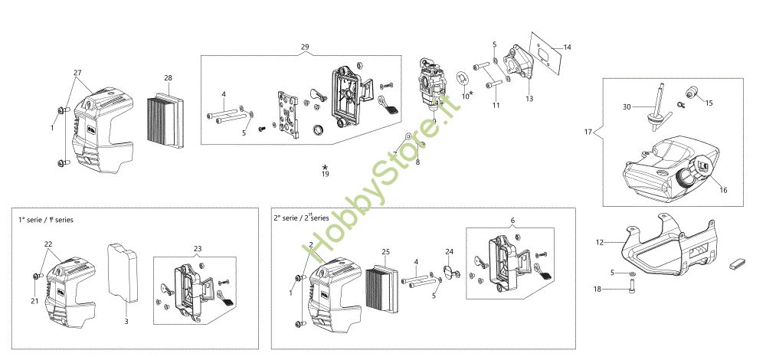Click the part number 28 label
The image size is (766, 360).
point(168,78)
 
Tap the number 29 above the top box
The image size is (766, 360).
point(305,47)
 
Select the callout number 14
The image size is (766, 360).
point(567,47)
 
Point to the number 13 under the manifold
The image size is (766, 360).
point(529,99)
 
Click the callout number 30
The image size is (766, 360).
point(627,106)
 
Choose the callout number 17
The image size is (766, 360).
point(588,132)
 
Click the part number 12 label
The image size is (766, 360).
point(601,242)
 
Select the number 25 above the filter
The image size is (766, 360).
point(386,252)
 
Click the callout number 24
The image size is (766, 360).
point(450,252)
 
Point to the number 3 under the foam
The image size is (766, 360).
point(126,322)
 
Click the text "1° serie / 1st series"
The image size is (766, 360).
point(46,220)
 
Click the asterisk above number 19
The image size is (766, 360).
point(326,166)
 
